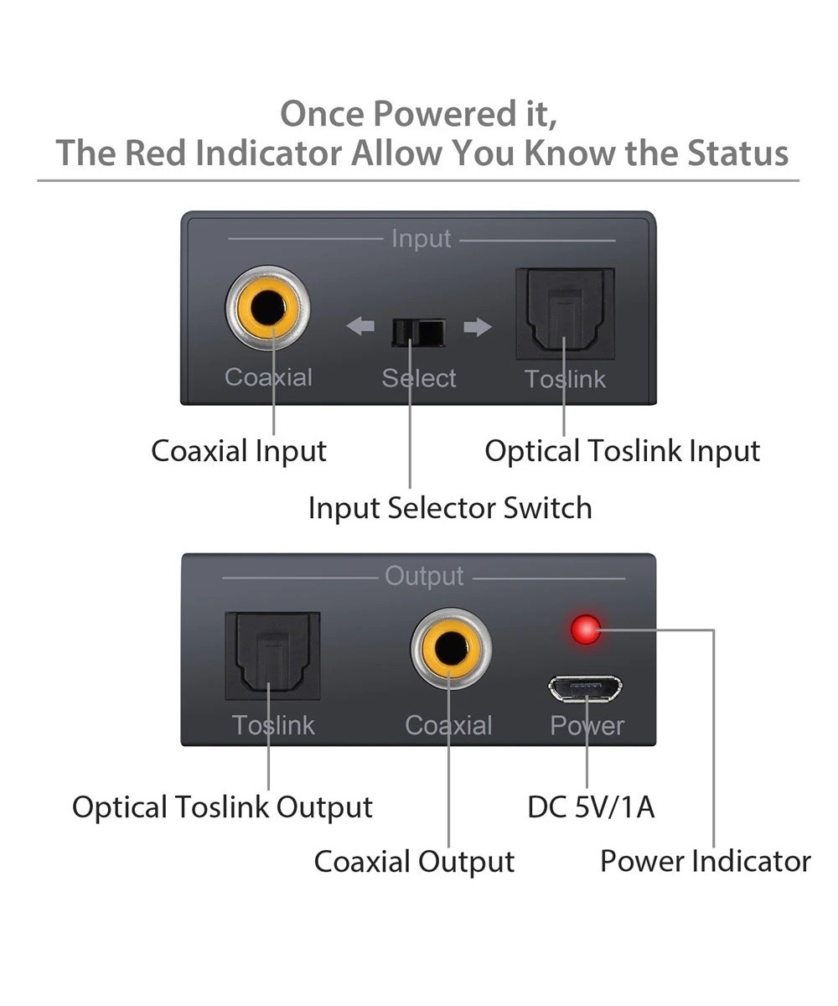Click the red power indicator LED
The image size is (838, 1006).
(586, 629)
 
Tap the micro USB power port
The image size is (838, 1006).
(586, 688)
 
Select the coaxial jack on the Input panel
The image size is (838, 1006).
(268, 309)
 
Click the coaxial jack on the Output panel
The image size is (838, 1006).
(451, 649)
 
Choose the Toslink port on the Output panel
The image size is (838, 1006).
(272, 656)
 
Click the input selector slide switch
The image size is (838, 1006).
(417, 333)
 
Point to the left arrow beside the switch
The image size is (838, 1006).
(360, 326)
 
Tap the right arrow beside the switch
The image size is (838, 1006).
(477, 326)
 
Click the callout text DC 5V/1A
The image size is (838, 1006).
(591, 806)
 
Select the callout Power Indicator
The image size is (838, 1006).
(705, 861)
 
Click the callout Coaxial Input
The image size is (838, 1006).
(239, 451)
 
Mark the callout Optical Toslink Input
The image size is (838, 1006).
(622, 451)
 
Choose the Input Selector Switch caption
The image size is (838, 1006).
(450, 507)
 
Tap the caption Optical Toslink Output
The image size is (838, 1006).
(222, 806)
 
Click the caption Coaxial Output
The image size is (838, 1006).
(414, 861)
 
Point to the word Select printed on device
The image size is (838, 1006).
(419, 378)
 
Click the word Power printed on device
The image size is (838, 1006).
(587, 725)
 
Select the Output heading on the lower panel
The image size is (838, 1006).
(424, 576)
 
